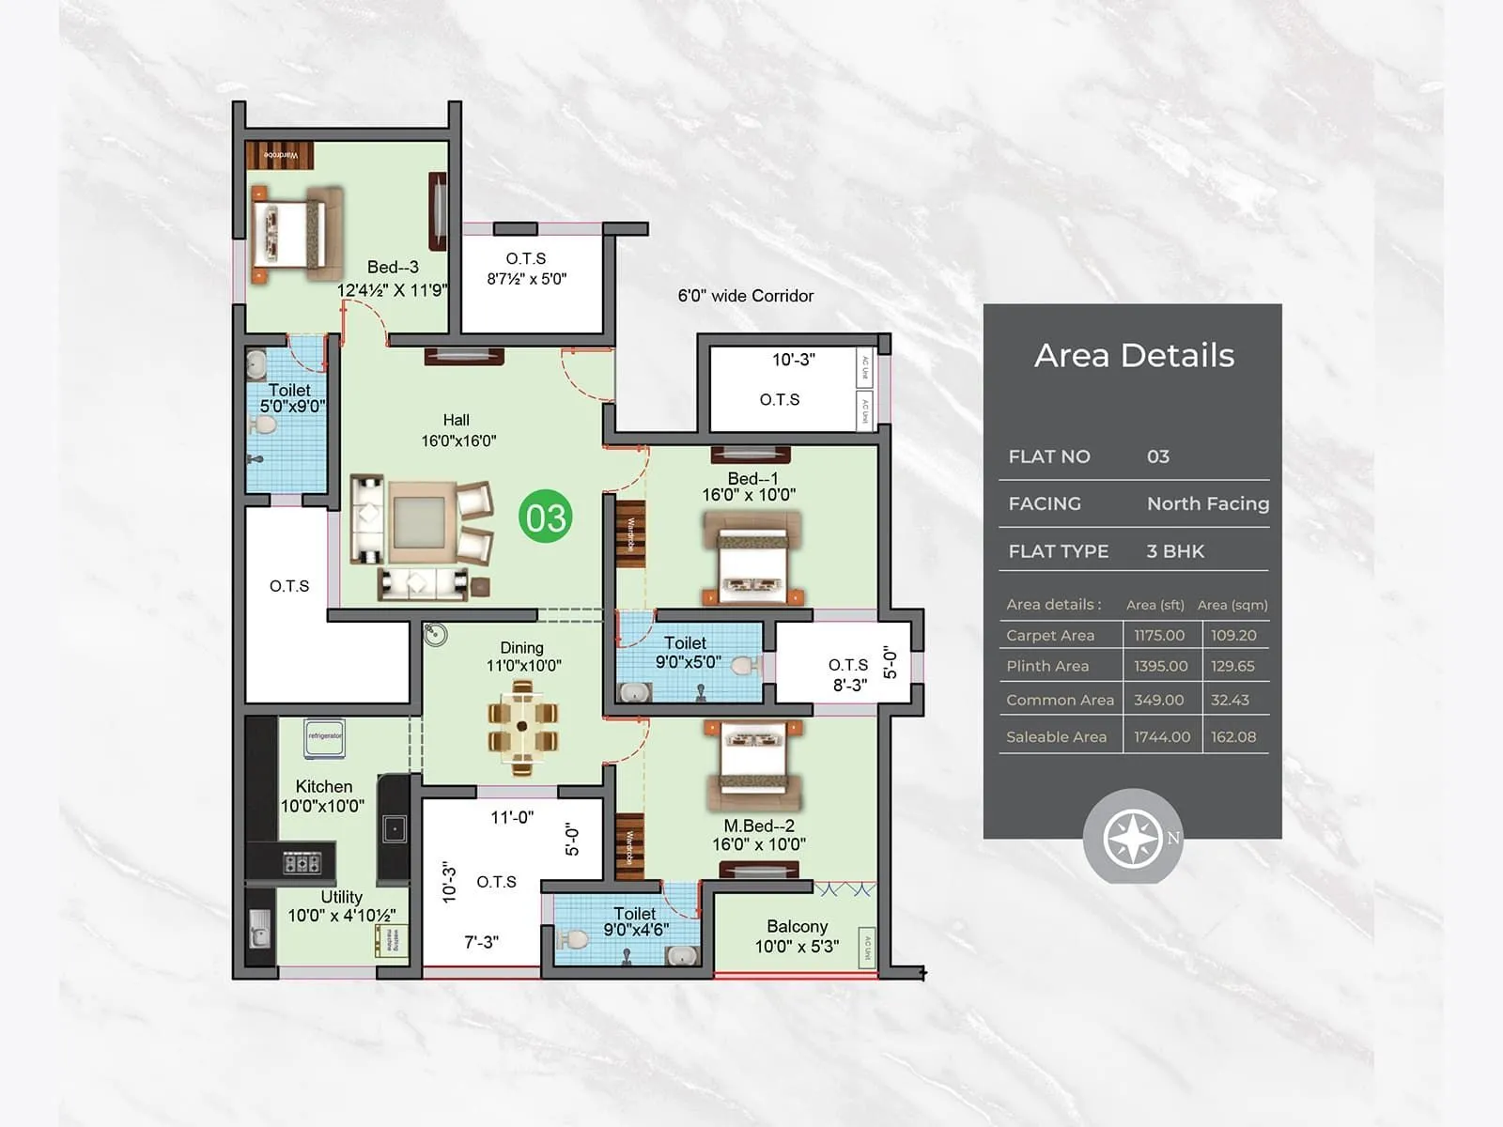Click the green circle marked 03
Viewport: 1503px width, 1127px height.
pyautogui.click(x=545, y=517)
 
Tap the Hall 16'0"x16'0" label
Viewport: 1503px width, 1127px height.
pyautogui.click(x=457, y=430)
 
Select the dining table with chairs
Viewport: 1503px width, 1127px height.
pyautogui.click(x=522, y=727)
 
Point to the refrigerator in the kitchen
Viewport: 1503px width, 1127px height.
pyautogui.click(x=324, y=738)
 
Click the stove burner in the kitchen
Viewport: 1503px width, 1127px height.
pyautogui.click(x=302, y=861)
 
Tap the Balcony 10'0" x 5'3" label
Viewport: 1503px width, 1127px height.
pyautogui.click(x=797, y=936)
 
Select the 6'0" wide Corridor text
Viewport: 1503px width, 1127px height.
pyautogui.click(x=746, y=296)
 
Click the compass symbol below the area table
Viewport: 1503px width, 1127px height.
pyautogui.click(x=1133, y=838)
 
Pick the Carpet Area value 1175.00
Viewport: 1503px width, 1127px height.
pyautogui.click(x=1159, y=636)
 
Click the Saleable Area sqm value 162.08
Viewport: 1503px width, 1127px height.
pyautogui.click(x=1232, y=737)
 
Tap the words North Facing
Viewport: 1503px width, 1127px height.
pyautogui.click(x=1207, y=503)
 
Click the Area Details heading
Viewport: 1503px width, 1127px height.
pyautogui.click(x=1134, y=355)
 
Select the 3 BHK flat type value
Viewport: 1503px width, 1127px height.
pyautogui.click(x=1174, y=551)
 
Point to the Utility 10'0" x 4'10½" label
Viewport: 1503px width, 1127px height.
pyautogui.click(x=341, y=906)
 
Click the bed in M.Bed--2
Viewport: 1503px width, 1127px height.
pyautogui.click(x=754, y=764)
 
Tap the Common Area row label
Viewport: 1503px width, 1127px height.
pyautogui.click(x=1060, y=700)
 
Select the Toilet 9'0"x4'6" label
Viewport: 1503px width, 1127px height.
pyautogui.click(x=635, y=921)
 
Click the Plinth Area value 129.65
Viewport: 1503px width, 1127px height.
pyautogui.click(x=1232, y=666)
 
